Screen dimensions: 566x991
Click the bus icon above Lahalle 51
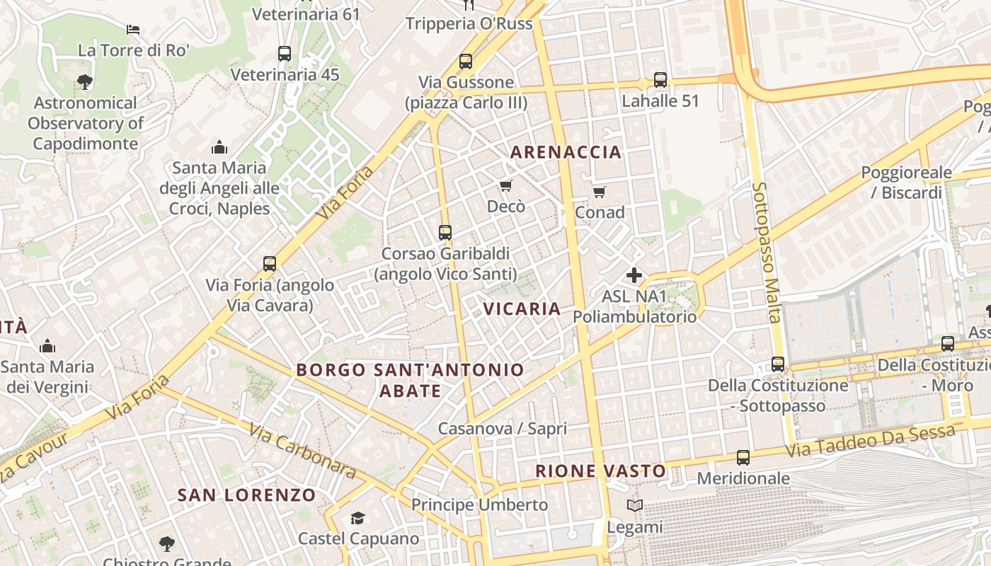tap(660, 80)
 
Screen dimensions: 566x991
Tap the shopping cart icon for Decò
tap(505, 185)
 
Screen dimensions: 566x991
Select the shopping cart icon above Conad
tap(600, 192)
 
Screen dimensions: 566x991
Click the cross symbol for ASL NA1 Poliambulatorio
tap(634, 275)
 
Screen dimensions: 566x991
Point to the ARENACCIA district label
tap(566, 152)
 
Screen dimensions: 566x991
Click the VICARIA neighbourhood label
tap(522, 308)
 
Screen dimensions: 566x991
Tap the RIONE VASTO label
tap(600, 471)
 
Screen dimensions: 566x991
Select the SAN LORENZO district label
tap(246, 495)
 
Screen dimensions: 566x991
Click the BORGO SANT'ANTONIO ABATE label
tap(411, 380)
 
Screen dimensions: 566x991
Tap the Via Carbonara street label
tap(302, 450)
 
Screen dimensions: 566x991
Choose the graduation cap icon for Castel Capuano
tap(357, 519)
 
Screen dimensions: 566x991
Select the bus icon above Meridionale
tap(743, 458)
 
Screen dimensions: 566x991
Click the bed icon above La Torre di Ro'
tap(133, 30)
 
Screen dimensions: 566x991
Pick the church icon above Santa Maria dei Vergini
tap(47, 346)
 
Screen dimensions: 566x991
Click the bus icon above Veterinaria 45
tap(285, 54)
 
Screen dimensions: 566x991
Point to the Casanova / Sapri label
tap(503, 428)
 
